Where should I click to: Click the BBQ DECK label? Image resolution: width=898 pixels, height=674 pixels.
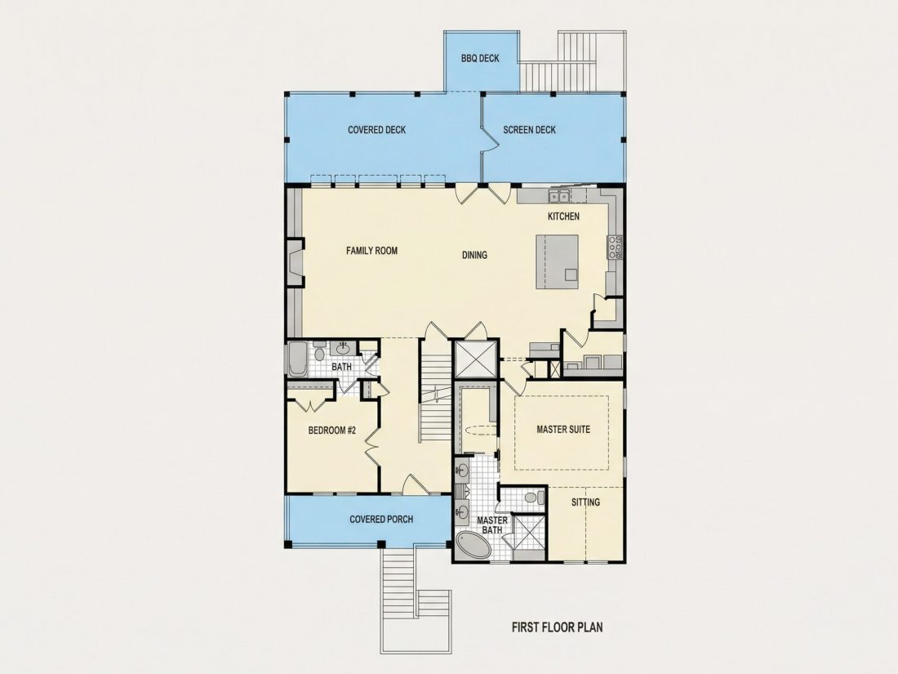480,59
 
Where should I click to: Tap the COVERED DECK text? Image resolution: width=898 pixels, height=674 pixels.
377,130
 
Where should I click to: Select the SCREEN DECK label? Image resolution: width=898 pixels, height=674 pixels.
529,130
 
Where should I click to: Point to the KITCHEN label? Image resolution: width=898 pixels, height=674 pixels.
563,216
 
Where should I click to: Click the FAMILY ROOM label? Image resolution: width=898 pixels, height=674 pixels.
371,251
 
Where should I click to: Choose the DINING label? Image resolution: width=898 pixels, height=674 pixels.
474,255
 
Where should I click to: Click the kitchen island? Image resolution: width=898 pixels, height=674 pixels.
558,261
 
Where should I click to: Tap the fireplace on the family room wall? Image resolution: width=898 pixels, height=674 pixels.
296,263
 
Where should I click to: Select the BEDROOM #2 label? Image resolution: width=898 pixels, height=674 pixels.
332,431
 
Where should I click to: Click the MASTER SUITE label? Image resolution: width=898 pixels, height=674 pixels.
563,429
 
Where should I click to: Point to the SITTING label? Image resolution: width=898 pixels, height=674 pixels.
585,502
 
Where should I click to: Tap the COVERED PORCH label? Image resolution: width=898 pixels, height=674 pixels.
381,520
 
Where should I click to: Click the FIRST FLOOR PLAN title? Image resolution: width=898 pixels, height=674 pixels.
557,627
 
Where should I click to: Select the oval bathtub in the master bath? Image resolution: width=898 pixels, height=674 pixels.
474,545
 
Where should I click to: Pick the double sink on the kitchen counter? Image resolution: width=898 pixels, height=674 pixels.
559,197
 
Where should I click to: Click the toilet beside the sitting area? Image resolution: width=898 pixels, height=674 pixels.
532,497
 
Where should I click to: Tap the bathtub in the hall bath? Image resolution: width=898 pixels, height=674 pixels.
297,359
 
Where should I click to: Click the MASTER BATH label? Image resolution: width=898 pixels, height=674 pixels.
492,525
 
